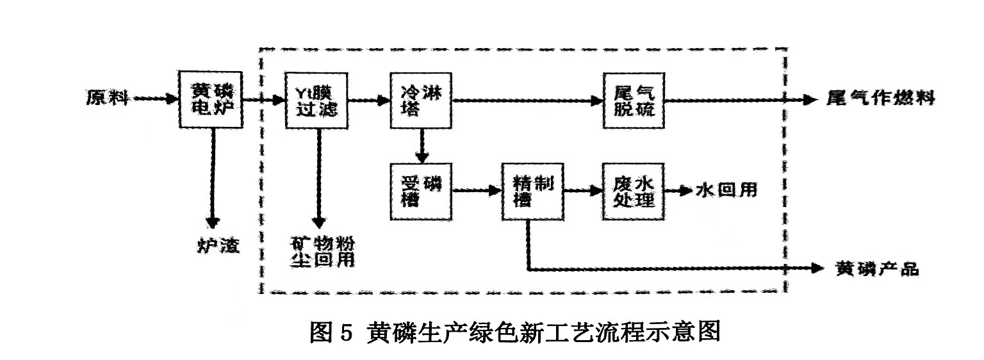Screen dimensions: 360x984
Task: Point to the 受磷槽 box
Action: coord(420,190)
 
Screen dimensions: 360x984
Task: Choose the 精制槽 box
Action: coord(528,190)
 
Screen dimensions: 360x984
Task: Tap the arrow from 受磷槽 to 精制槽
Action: coord(476,190)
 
